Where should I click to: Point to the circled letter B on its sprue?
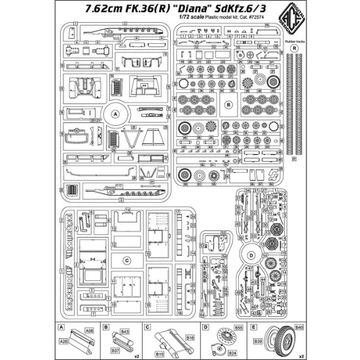point(228,104)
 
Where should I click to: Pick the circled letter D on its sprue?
point(269,255)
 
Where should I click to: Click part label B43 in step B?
point(125,332)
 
